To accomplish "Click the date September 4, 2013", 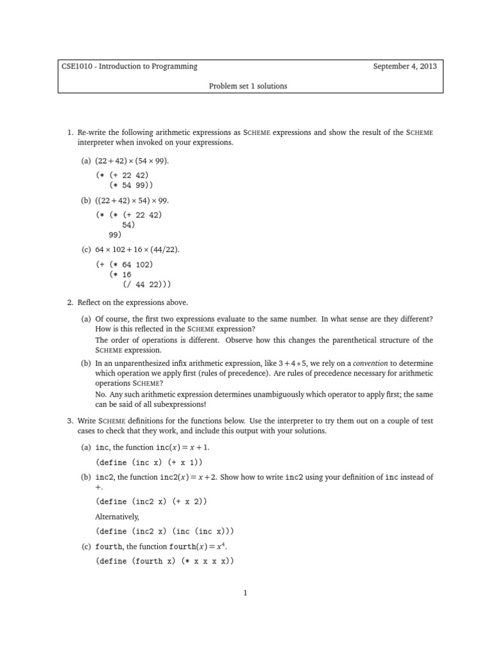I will (x=405, y=67).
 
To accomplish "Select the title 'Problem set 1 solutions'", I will (x=248, y=86).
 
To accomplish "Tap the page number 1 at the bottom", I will (x=245, y=593).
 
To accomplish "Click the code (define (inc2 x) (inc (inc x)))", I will (x=165, y=532).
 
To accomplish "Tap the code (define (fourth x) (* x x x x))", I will (x=165, y=561).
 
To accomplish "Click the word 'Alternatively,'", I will (x=117, y=516).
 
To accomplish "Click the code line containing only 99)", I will (x=115, y=235).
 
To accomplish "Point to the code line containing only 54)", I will (x=129, y=225).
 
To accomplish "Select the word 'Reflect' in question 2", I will (x=91, y=303).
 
